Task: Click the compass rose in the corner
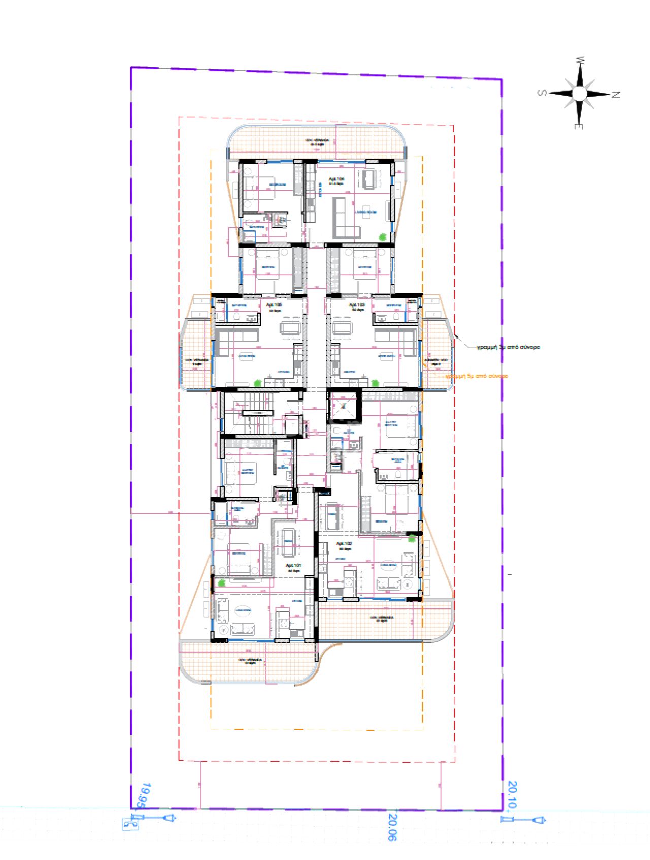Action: coord(579,94)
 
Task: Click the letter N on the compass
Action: coord(616,95)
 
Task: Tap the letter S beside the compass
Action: coord(542,93)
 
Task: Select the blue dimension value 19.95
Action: coord(145,795)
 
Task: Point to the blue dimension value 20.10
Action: coord(512,794)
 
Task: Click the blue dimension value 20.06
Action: coord(393,827)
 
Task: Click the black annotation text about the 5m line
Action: coord(508,347)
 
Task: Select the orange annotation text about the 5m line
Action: coord(476,376)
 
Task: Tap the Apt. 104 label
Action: coord(337,180)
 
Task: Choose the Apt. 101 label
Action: coord(294,567)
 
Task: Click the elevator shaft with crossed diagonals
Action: coord(344,406)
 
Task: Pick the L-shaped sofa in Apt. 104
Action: coord(343,219)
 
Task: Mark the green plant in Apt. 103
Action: coord(375,383)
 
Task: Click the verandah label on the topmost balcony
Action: coord(317,141)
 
